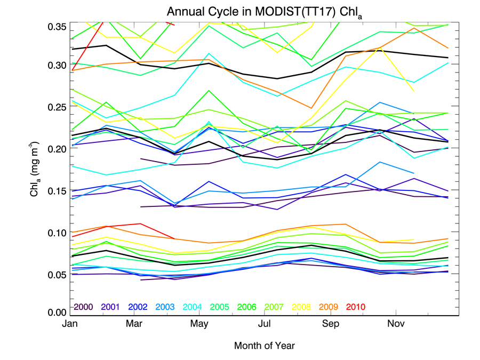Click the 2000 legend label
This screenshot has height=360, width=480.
click(x=84, y=307)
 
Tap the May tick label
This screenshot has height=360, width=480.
click(x=199, y=324)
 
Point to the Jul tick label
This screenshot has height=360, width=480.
click(x=265, y=324)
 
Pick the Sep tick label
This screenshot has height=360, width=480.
click(x=331, y=324)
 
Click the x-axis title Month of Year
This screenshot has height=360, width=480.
click(x=264, y=346)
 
